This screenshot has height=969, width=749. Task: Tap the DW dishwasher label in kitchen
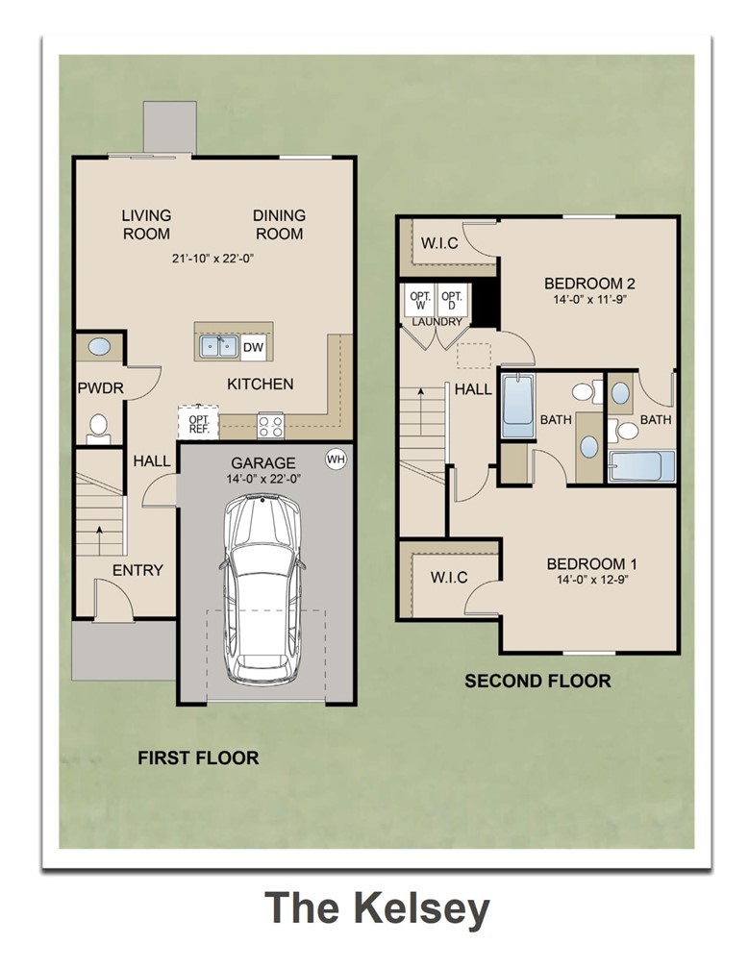pos(253,347)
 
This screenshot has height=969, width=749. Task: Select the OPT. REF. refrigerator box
pos(199,424)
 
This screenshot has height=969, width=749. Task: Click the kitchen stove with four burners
pos(270,424)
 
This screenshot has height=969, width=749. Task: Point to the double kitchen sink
pos(218,346)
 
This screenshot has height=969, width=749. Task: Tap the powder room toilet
pos(98,427)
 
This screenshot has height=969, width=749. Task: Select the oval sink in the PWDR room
pos(98,348)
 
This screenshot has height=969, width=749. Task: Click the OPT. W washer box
pos(419,301)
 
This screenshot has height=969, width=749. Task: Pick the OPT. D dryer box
pos(451,301)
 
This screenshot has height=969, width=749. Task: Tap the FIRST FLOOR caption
pos(198,758)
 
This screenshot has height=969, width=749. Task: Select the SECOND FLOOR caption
pos(537,681)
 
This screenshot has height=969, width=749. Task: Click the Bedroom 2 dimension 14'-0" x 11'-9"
pos(589,300)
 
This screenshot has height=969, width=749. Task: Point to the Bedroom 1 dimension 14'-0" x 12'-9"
pos(591,580)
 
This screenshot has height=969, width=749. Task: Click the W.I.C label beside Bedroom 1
pos(448,578)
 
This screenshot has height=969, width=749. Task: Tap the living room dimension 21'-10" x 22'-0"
pos(212,258)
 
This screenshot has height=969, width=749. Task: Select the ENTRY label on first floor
pos(137,570)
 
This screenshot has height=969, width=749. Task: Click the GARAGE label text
pos(262,462)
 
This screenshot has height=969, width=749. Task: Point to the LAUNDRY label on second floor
pos(437,322)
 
